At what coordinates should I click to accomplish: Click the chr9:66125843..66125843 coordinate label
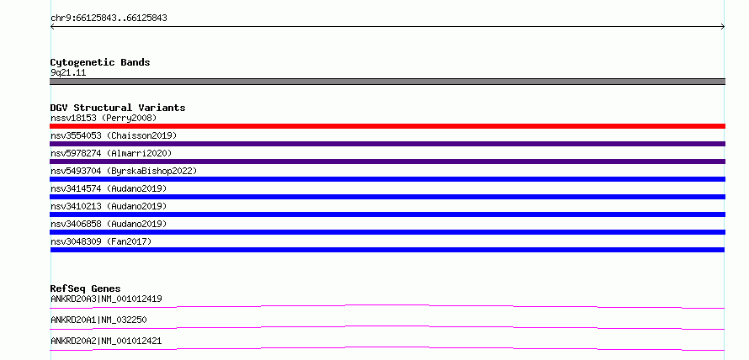pyautogui.click(x=109, y=19)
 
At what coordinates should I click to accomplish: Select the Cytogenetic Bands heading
pyautogui.click(x=100, y=62)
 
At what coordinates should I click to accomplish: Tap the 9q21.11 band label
pyautogui.click(x=68, y=73)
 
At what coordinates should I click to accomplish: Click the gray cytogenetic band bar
pyautogui.click(x=387, y=82)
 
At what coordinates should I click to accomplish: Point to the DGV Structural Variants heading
pyautogui.click(x=118, y=108)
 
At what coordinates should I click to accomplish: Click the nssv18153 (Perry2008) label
pyautogui.click(x=104, y=118)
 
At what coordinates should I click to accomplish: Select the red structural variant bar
pyautogui.click(x=387, y=126)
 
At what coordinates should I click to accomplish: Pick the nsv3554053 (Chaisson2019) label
pyautogui.click(x=114, y=135)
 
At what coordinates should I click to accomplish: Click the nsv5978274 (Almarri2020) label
pyautogui.click(x=111, y=153)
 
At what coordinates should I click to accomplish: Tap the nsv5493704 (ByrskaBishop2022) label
pyautogui.click(x=124, y=171)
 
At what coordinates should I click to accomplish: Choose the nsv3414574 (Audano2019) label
pyautogui.click(x=109, y=188)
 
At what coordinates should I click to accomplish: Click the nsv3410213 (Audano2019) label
pyautogui.click(x=109, y=206)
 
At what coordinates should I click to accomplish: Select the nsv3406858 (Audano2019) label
pyautogui.click(x=109, y=224)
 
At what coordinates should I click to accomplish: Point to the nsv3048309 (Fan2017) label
pyautogui.click(x=101, y=241)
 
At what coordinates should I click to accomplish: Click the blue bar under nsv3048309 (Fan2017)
pyautogui.click(x=387, y=250)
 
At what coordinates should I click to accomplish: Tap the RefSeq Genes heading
pyautogui.click(x=86, y=289)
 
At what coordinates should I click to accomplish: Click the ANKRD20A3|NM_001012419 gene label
pyautogui.click(x=106, y=299)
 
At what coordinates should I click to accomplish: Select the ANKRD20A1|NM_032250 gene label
pyautogui.click(x=98, y=320)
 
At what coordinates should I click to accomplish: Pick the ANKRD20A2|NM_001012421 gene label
pyautogui.click(x=106, y=341)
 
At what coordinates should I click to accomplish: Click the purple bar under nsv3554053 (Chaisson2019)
pyautogui.click(x=387, y=144)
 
